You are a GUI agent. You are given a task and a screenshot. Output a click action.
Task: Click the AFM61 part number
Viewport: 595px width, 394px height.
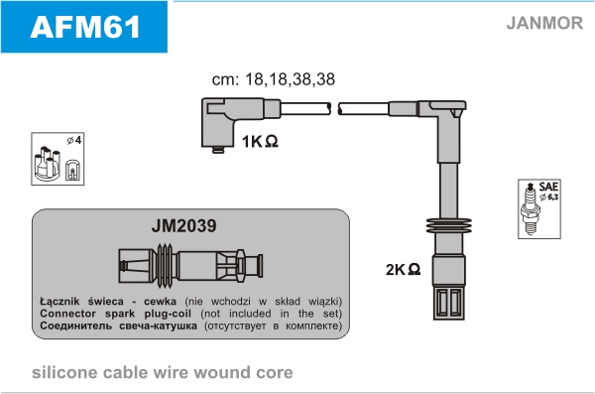click(85, 27)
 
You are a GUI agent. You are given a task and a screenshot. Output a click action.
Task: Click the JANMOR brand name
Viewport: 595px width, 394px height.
click(544, 23)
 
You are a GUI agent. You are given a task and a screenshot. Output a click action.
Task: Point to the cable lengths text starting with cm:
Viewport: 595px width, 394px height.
click(274, 79)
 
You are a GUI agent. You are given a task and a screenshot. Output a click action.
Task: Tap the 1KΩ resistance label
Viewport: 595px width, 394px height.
click(260, 141)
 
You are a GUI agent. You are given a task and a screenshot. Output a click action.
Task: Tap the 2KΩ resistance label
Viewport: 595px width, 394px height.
click(403, 269)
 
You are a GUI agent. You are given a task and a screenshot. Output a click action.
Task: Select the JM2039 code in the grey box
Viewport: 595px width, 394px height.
click(184, 225)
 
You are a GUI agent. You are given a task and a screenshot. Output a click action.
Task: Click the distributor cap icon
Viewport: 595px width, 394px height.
click(48, 163)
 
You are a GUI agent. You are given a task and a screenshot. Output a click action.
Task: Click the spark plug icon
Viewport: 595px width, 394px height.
click(531, 208)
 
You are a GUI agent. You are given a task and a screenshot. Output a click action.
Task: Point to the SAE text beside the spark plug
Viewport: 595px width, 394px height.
click(548, 187)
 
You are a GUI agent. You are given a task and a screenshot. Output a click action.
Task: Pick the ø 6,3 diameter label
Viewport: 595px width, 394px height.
click(549, 197)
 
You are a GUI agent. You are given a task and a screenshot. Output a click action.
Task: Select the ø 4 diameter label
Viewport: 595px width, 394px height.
click(74, 141)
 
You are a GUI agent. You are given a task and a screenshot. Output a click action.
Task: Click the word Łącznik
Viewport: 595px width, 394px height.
click(59, 302)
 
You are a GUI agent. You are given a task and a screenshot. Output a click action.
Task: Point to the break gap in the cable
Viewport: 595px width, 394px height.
click(334, 108)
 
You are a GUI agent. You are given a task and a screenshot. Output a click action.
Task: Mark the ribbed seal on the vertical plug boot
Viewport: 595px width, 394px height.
click(449, 225)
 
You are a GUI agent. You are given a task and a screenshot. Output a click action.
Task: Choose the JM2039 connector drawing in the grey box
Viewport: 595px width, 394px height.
click(190, 266)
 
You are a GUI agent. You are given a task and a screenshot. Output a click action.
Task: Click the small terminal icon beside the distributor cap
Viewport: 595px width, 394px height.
click(72, 170)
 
